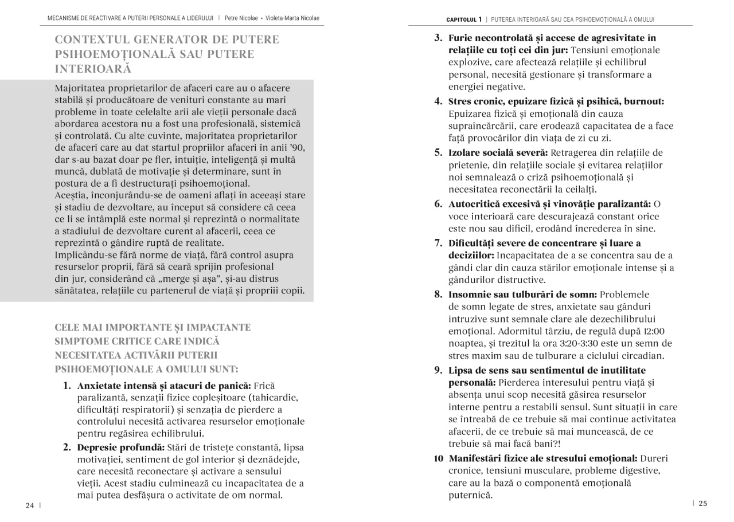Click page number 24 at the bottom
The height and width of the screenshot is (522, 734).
tap(30, 505)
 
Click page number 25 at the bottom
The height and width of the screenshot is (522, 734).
tap(702, 504)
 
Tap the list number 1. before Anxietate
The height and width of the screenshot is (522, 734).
tap(67, 386)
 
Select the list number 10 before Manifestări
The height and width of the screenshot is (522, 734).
tap(438, 458)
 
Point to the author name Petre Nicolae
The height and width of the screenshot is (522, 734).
tap(241, 18)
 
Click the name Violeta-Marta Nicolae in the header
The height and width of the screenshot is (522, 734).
tap(292, 18)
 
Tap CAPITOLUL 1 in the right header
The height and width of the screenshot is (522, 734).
tap(464, 19)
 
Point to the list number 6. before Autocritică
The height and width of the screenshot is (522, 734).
tap(438, 204)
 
